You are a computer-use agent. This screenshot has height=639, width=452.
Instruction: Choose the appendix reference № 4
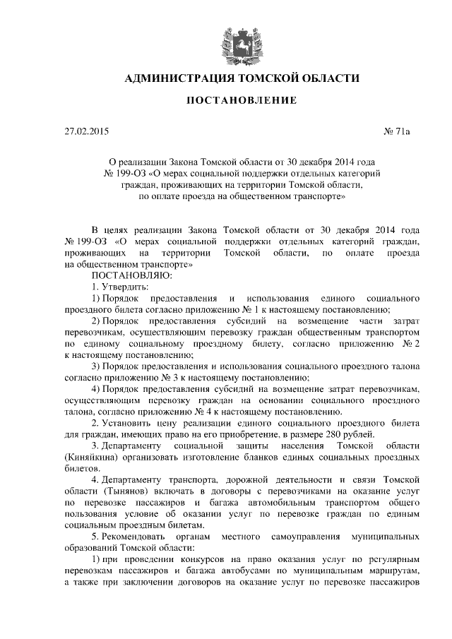pyautogui.click(x=217, y=411)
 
